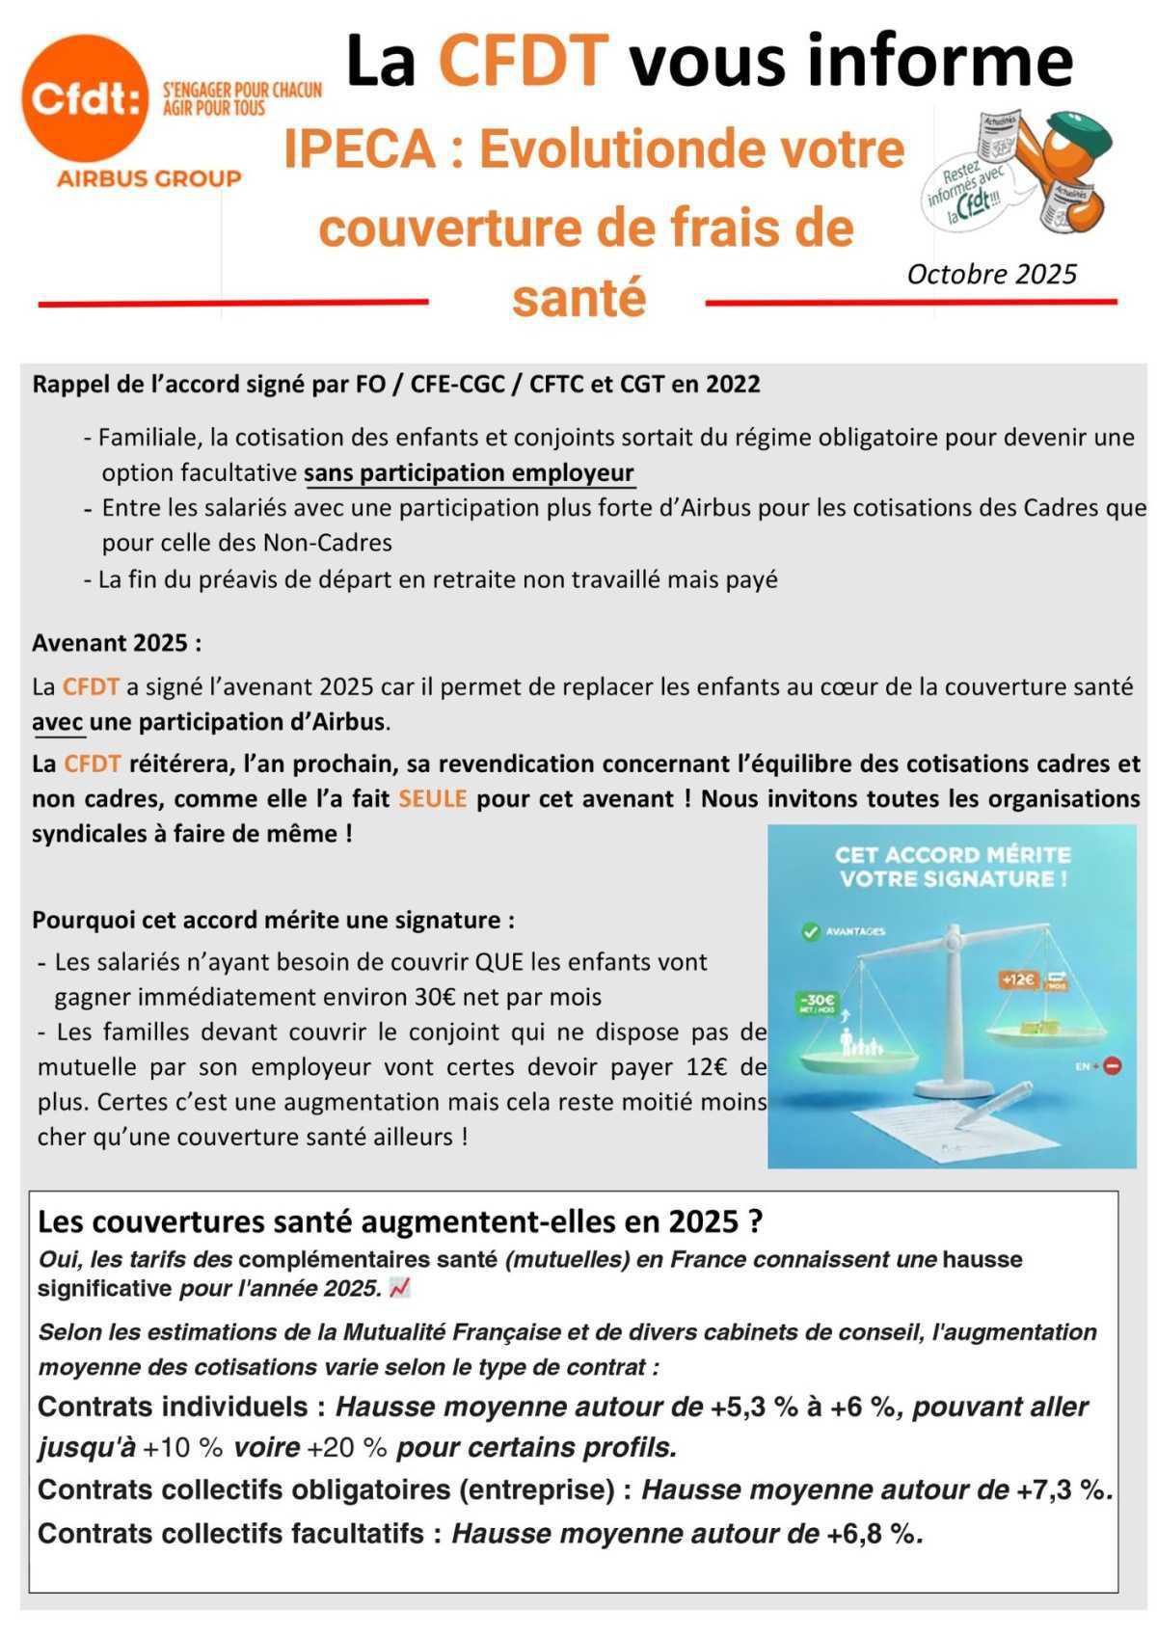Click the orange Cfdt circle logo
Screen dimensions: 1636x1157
point(85,97)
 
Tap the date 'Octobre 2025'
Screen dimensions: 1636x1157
point(991,275)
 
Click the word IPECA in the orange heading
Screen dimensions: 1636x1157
point(359,150)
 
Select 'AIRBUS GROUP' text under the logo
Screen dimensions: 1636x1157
point(148,178)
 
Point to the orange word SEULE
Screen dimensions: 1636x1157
point(433,799)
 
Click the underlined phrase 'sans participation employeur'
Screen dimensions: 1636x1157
point(469,473)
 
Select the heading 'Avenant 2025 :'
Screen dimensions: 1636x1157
point(117,643)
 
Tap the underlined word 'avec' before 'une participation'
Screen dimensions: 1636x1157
point(57,722)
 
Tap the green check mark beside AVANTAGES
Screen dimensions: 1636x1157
point(810,931)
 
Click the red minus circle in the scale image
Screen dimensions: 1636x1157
point(1113,1066)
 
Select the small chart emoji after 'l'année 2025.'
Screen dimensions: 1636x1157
point(399,1288)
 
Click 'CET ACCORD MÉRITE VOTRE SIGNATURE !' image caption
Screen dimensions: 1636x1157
point(952,867)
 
